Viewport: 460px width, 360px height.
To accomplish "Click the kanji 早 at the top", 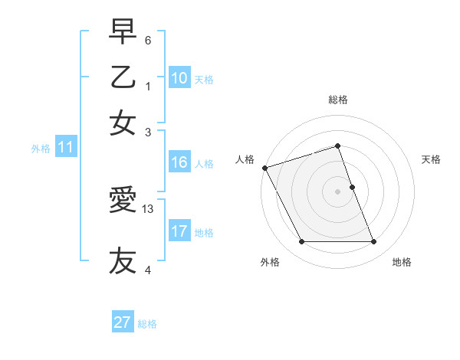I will click(123, 32).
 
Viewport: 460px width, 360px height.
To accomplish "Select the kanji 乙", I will click(123, 77).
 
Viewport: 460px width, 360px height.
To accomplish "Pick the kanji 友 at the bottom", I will click(123, 260).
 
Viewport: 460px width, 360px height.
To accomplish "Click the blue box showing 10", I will click(179, 78).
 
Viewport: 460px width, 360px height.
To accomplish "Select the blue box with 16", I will click(179, 162).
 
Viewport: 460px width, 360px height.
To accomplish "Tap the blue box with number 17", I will click(179, 231).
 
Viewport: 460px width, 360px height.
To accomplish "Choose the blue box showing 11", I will click(65, 149).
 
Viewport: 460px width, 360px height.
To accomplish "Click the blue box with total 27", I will click(123, 322).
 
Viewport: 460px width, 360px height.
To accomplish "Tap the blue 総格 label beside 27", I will click(147, 324).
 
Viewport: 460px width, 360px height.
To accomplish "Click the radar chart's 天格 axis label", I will click(431, 159).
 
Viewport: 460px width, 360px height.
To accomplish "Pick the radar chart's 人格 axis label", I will click(245, 159).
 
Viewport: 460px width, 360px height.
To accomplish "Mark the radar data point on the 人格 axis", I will click(264, 168).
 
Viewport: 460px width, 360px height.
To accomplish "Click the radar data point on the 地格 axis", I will click(373, 241).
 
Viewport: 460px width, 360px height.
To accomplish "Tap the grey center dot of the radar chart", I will click(337, 191).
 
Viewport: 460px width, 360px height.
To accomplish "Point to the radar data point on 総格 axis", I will click(337, 146).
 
